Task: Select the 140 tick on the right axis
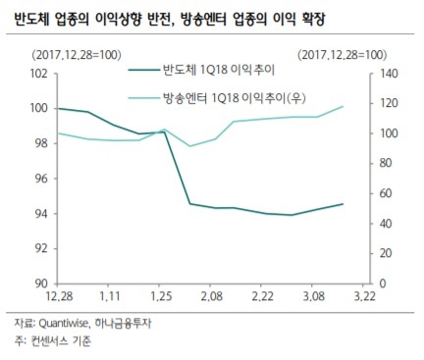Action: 389,74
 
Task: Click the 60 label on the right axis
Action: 386,193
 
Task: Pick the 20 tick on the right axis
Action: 386,253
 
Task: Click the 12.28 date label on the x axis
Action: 60,296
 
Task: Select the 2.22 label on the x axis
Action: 262,296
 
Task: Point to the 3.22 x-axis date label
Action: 364,296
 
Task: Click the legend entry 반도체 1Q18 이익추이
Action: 202,70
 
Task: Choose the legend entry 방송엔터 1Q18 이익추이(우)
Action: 217,97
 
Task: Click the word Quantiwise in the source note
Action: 64,324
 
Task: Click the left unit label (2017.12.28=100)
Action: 77,55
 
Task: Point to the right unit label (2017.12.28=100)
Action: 343,55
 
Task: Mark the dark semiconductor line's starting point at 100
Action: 58,108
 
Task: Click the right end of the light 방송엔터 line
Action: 343,106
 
